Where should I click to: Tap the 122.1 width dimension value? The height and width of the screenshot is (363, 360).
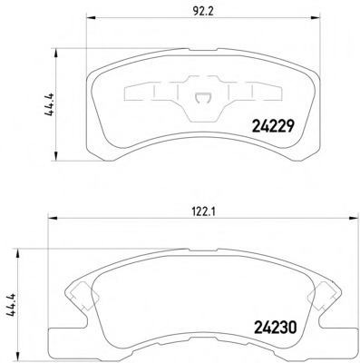[203, 212]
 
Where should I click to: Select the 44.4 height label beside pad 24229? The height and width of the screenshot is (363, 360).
[50, 104]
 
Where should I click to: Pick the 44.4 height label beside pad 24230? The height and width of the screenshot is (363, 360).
[12, 305]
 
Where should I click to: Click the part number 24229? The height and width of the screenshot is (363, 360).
[272, 126]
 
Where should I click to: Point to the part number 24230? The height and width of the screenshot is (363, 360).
[275, 328]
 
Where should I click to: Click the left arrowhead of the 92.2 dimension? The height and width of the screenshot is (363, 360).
[91, 17]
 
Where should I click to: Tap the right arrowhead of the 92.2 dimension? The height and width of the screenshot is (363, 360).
[316, 17]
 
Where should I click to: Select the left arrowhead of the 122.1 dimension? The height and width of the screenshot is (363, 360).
[53, 218]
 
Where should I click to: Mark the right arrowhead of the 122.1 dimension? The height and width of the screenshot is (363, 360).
[353, 218]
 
